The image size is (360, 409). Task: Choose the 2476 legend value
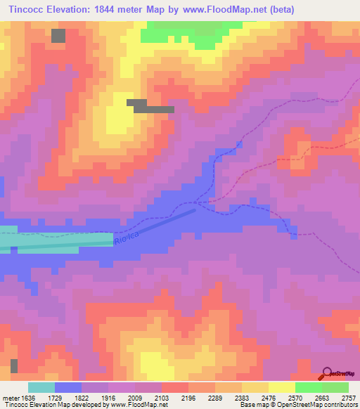tap(269, 397)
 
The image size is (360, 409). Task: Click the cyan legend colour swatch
tap(41, 387)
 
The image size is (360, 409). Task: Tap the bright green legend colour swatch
tap(309, 387)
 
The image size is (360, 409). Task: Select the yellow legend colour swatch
tap(282, 387)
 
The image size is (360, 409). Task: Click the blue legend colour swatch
tap(68, 387)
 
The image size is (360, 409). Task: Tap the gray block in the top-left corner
tap(58, 35)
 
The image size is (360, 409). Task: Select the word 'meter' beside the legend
tap(10, 397)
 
